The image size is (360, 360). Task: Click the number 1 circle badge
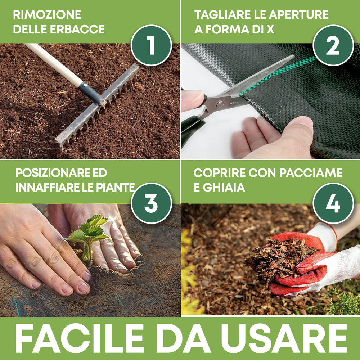pyautogui.click(x=151, y=45)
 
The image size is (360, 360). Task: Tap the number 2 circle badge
pyautogui.click(x=333, y=45)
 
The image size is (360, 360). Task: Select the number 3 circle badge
pyautogui.click(x=151, y=203)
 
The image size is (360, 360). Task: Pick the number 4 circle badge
pyautogui.click(x=333, y=203)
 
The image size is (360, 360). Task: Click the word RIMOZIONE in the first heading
pyautogui.click(x=47, y=15)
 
